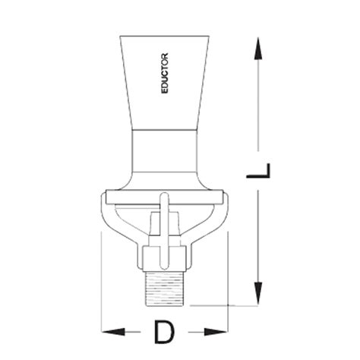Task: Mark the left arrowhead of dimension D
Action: tap(110, 332)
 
